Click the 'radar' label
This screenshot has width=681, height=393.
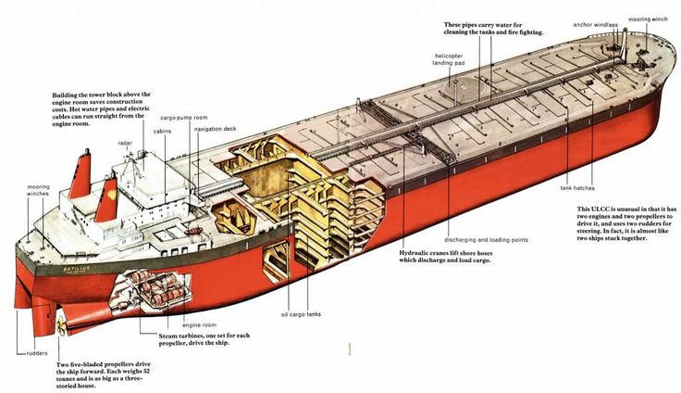tap(125, 144)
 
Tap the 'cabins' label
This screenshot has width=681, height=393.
tap(162, 132)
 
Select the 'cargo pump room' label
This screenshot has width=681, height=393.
tap(181, 118)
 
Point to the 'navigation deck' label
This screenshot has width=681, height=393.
tap(216, 129)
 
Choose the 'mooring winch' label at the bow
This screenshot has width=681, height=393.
tap(649, 19)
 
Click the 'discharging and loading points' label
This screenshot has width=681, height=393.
tap(486, 240)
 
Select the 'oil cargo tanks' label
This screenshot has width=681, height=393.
tap(302, 314)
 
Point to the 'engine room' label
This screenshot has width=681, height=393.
tap(199, 326)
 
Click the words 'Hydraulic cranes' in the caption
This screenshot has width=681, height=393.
tap(429, 252)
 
